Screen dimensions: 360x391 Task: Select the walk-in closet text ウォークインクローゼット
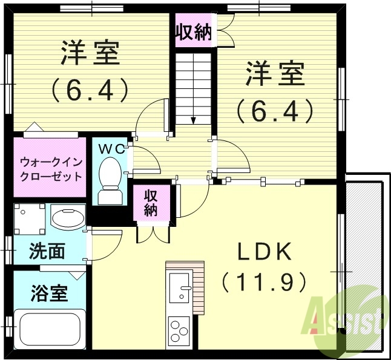50,169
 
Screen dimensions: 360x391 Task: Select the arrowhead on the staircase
194,120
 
